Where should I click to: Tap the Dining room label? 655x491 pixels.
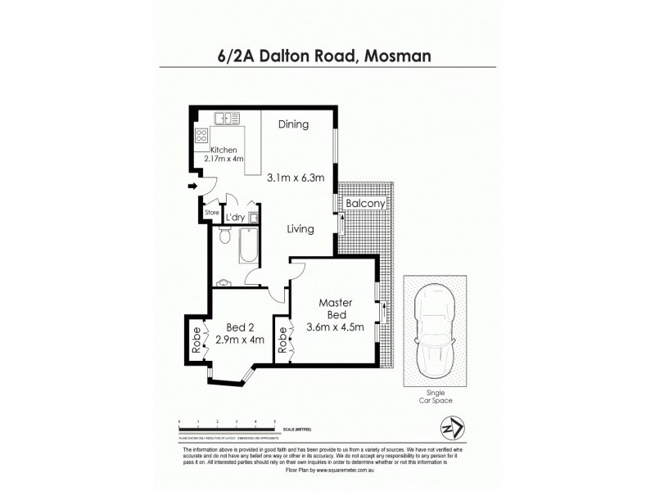(x=292, y=125)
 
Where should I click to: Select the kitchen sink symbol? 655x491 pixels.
(x=227, y=119)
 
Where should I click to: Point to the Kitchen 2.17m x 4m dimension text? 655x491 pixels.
(x=224, y=155)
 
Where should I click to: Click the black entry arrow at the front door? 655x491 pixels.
(x=192, y=187)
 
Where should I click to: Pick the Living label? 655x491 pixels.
(x=300, y=229)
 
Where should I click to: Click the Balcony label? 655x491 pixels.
(x=364, y=202)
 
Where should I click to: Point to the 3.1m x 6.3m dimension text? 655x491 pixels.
(x=296, y=176)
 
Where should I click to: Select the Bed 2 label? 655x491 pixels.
(x=239, y=328)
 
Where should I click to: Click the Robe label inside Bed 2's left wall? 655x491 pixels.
(x=196, y=336)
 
